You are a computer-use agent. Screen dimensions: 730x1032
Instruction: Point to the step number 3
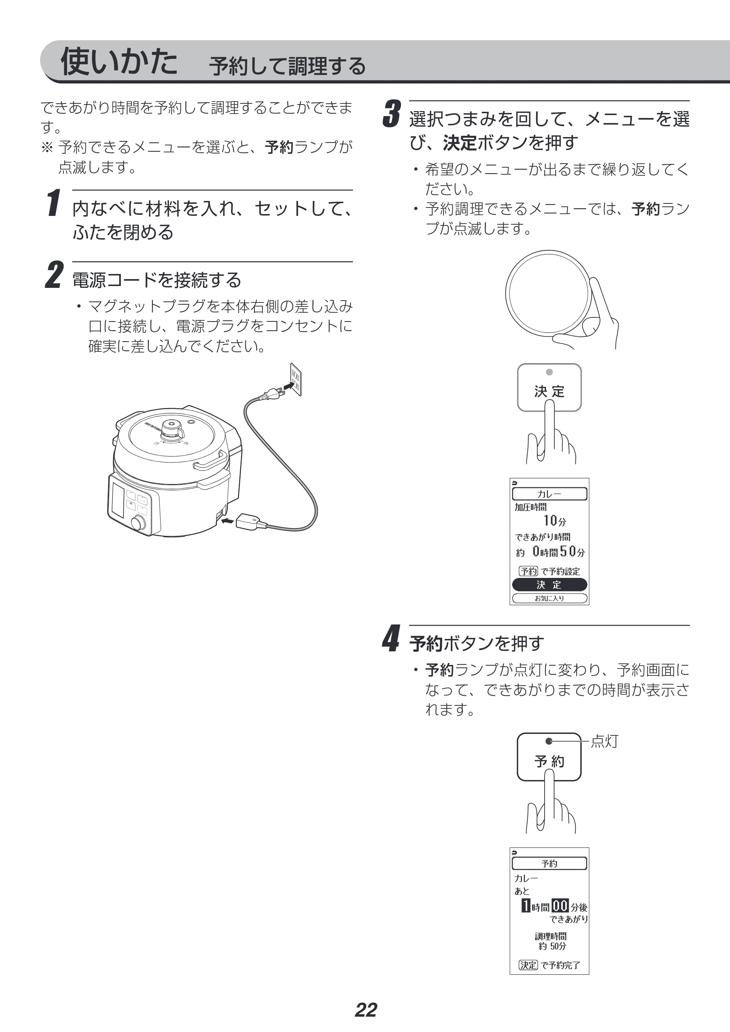391,114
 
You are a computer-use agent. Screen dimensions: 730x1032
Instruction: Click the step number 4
391,638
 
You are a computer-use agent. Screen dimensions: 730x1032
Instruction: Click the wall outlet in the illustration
296,379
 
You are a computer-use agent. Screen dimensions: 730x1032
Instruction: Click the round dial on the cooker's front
138,523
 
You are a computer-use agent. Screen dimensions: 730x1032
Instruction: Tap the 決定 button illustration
549,387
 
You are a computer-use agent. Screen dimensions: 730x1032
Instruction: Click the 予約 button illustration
549,757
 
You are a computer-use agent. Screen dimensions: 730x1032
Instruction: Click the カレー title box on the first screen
549,494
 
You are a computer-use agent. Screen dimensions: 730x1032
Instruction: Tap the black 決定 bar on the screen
549,584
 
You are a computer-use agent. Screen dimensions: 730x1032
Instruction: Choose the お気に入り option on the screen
549,598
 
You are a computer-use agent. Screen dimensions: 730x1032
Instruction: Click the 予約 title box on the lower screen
549,863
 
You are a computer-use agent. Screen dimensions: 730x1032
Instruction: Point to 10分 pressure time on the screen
555,521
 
